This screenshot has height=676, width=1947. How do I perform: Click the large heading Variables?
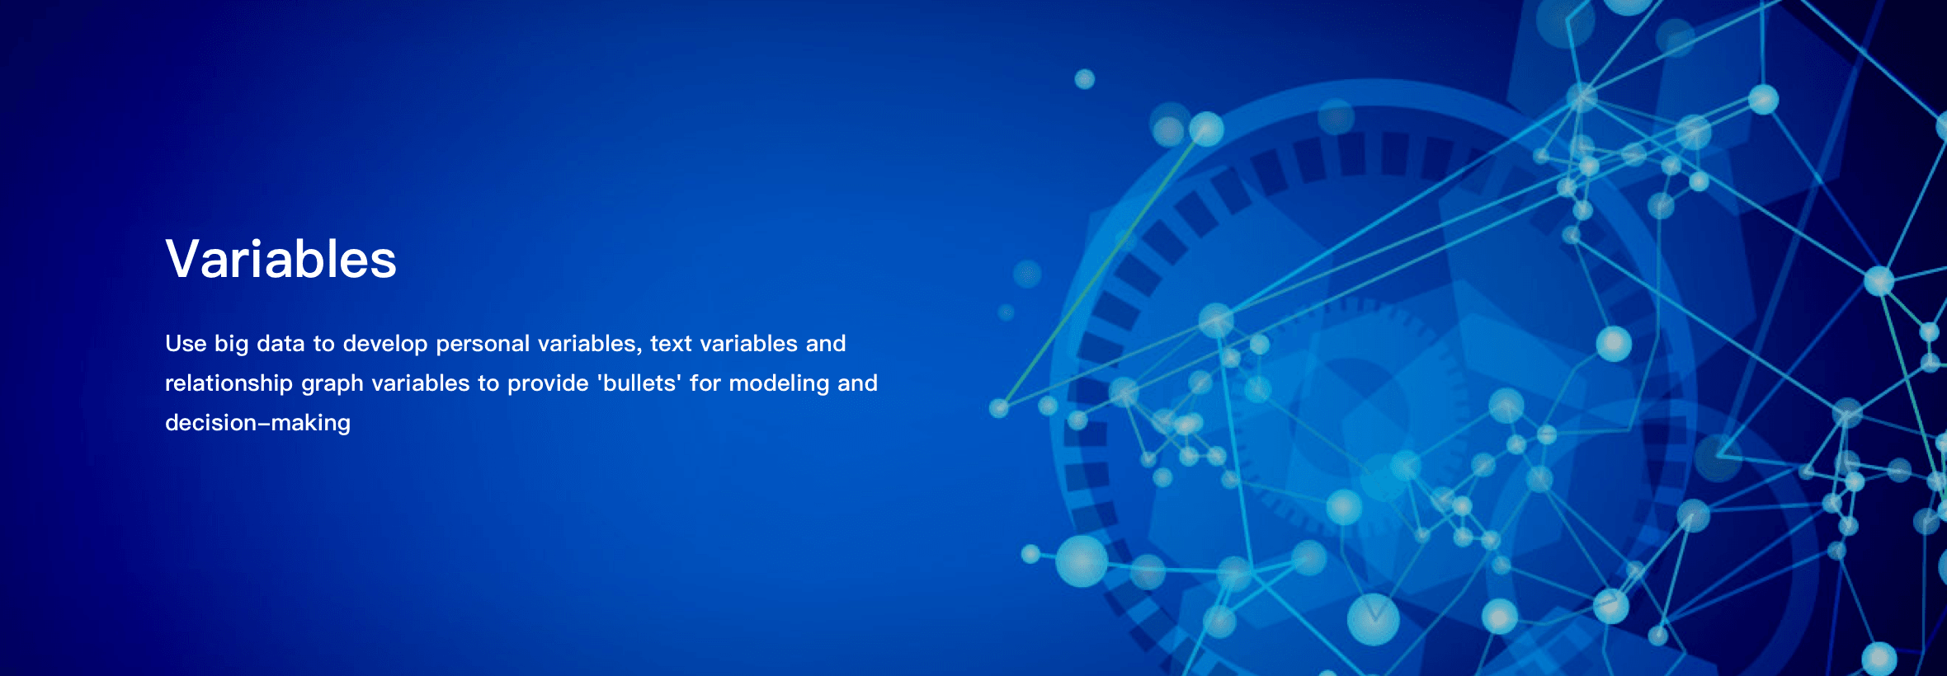click(280, 259)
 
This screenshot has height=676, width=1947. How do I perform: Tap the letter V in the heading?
click(182, 259)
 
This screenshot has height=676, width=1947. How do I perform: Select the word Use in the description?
click(186, 344)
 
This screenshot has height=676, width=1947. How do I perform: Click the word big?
click(232, 345)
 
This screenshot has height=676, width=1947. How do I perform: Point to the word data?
click(280, 344)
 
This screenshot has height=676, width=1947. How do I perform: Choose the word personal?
click(483, 345)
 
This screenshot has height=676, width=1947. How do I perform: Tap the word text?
click(671, 344)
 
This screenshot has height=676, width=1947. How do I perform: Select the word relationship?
click(229, 384)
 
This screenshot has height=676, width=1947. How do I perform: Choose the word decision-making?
click(257, 424)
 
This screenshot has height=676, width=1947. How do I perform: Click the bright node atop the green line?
click(1206, 129)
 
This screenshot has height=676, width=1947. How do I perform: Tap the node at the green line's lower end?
click(999, 408)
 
